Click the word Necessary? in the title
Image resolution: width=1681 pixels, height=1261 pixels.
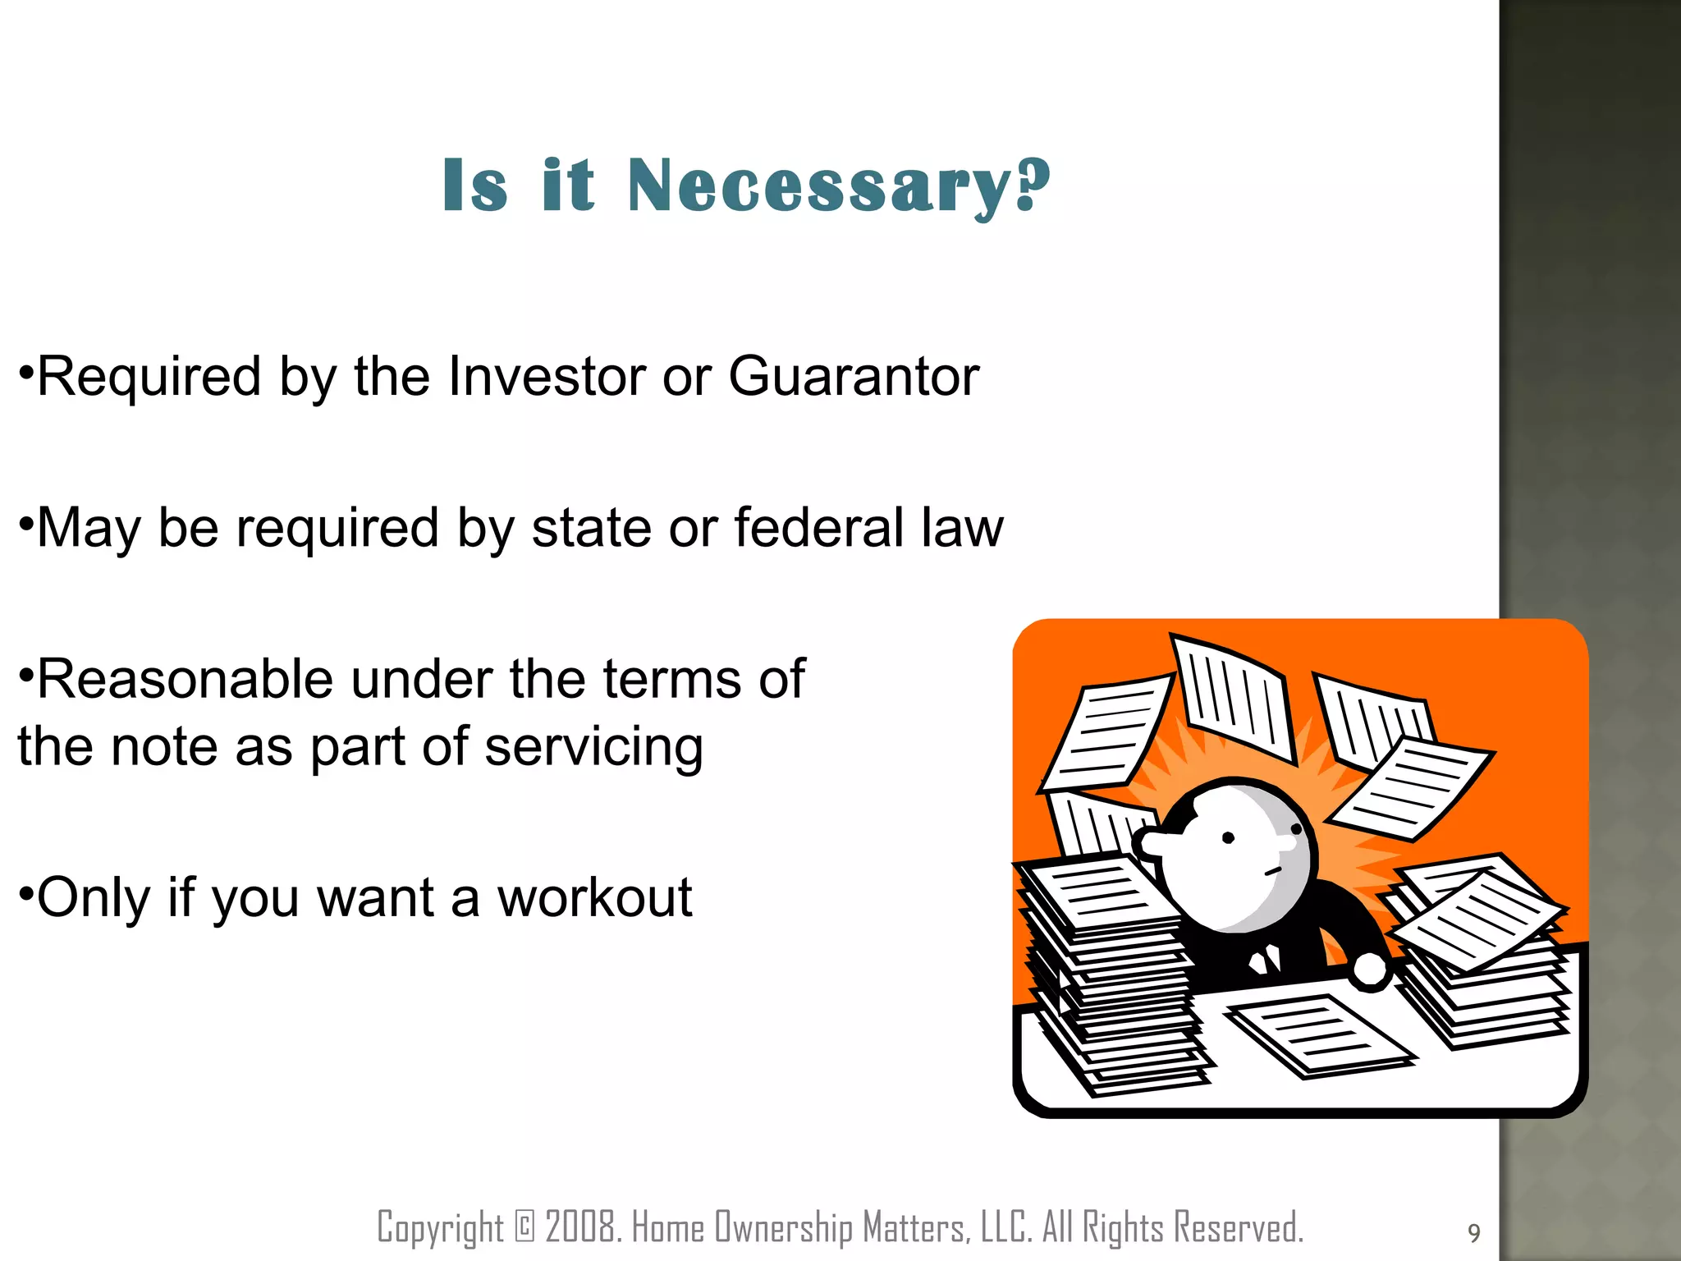coord(839,187)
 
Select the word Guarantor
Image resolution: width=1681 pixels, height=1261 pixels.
coord(854,378)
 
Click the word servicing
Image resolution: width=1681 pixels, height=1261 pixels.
coord(593,749)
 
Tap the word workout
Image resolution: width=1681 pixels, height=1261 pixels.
coord(594,898)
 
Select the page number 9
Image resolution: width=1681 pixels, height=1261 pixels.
coord(1473,1233)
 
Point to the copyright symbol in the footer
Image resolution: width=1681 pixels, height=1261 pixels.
coord(524,1228)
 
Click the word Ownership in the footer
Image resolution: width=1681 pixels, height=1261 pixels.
coord(784,1228)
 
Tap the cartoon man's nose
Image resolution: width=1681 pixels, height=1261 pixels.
coord(1152,842)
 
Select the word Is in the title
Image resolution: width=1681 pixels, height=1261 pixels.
coord(474,187)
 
